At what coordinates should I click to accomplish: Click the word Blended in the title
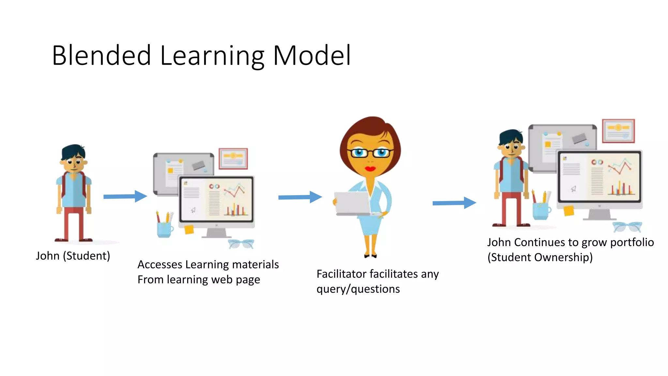click(101, 55)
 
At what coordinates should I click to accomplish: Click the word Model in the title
click(312, 55)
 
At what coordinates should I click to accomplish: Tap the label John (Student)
click(73, 256)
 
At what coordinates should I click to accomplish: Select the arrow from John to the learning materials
click(125, 196)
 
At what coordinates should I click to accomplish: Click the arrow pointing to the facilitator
click(300, 197)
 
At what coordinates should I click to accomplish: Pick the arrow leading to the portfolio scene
click(454, 203)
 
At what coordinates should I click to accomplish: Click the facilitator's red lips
click(370, 169)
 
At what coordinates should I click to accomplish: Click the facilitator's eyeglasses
click(370, 153)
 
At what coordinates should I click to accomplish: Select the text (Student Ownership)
click(540, 258)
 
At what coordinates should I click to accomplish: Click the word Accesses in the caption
click(160, 265)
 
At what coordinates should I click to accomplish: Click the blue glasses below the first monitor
click(241, 244)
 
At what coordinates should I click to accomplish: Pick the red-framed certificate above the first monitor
click(233, 159)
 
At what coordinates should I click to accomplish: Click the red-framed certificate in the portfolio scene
click(618, 131)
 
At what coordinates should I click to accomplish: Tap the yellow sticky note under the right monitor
click(569, 211)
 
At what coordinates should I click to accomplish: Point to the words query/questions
click(358, 289)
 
